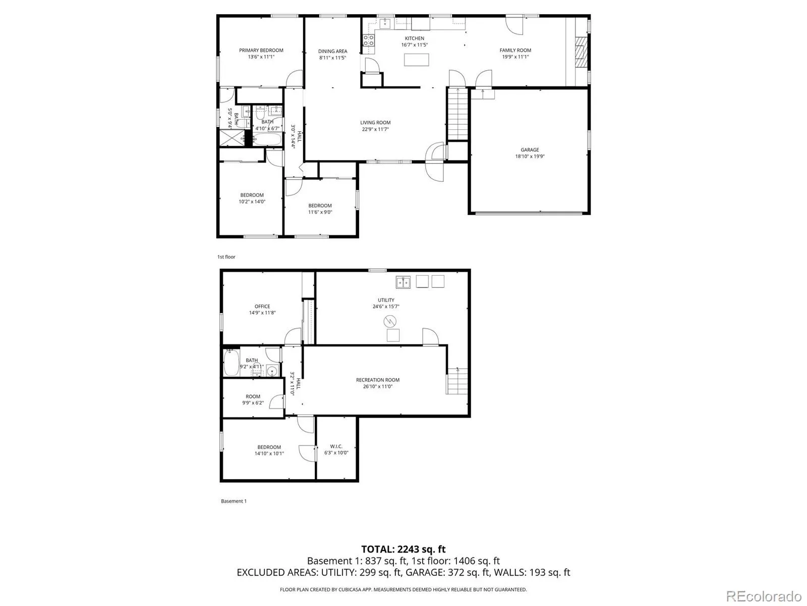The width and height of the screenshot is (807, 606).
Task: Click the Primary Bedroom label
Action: point(261,50)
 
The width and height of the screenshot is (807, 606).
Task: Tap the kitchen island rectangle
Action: point(416,60)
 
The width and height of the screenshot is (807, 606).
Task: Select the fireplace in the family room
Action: point(581,52)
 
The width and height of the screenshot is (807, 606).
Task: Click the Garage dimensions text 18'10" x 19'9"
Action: point(530,157)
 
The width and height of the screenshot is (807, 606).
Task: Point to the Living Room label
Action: point(375,123)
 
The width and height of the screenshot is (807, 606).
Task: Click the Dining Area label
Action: point(332,51)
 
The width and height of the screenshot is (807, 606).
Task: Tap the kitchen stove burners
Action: point(369,40)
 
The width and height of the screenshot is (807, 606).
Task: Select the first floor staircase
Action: point(457,114)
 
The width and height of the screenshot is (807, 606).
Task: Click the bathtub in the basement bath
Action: point(231,362)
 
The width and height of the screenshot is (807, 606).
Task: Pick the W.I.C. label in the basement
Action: point(336,446)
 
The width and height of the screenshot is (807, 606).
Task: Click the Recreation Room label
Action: point(378,380)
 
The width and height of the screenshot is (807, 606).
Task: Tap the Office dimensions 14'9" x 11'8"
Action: point(262,313)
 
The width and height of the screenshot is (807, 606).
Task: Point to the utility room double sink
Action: point(403,282)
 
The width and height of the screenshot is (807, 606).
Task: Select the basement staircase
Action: point(457,381)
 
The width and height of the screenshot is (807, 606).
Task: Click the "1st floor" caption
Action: point(226,257)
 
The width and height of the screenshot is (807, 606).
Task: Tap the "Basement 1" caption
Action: point(234,501)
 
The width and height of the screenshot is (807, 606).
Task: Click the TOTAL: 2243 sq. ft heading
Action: point(403,549)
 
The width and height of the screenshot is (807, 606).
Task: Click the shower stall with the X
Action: point(232,137)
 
